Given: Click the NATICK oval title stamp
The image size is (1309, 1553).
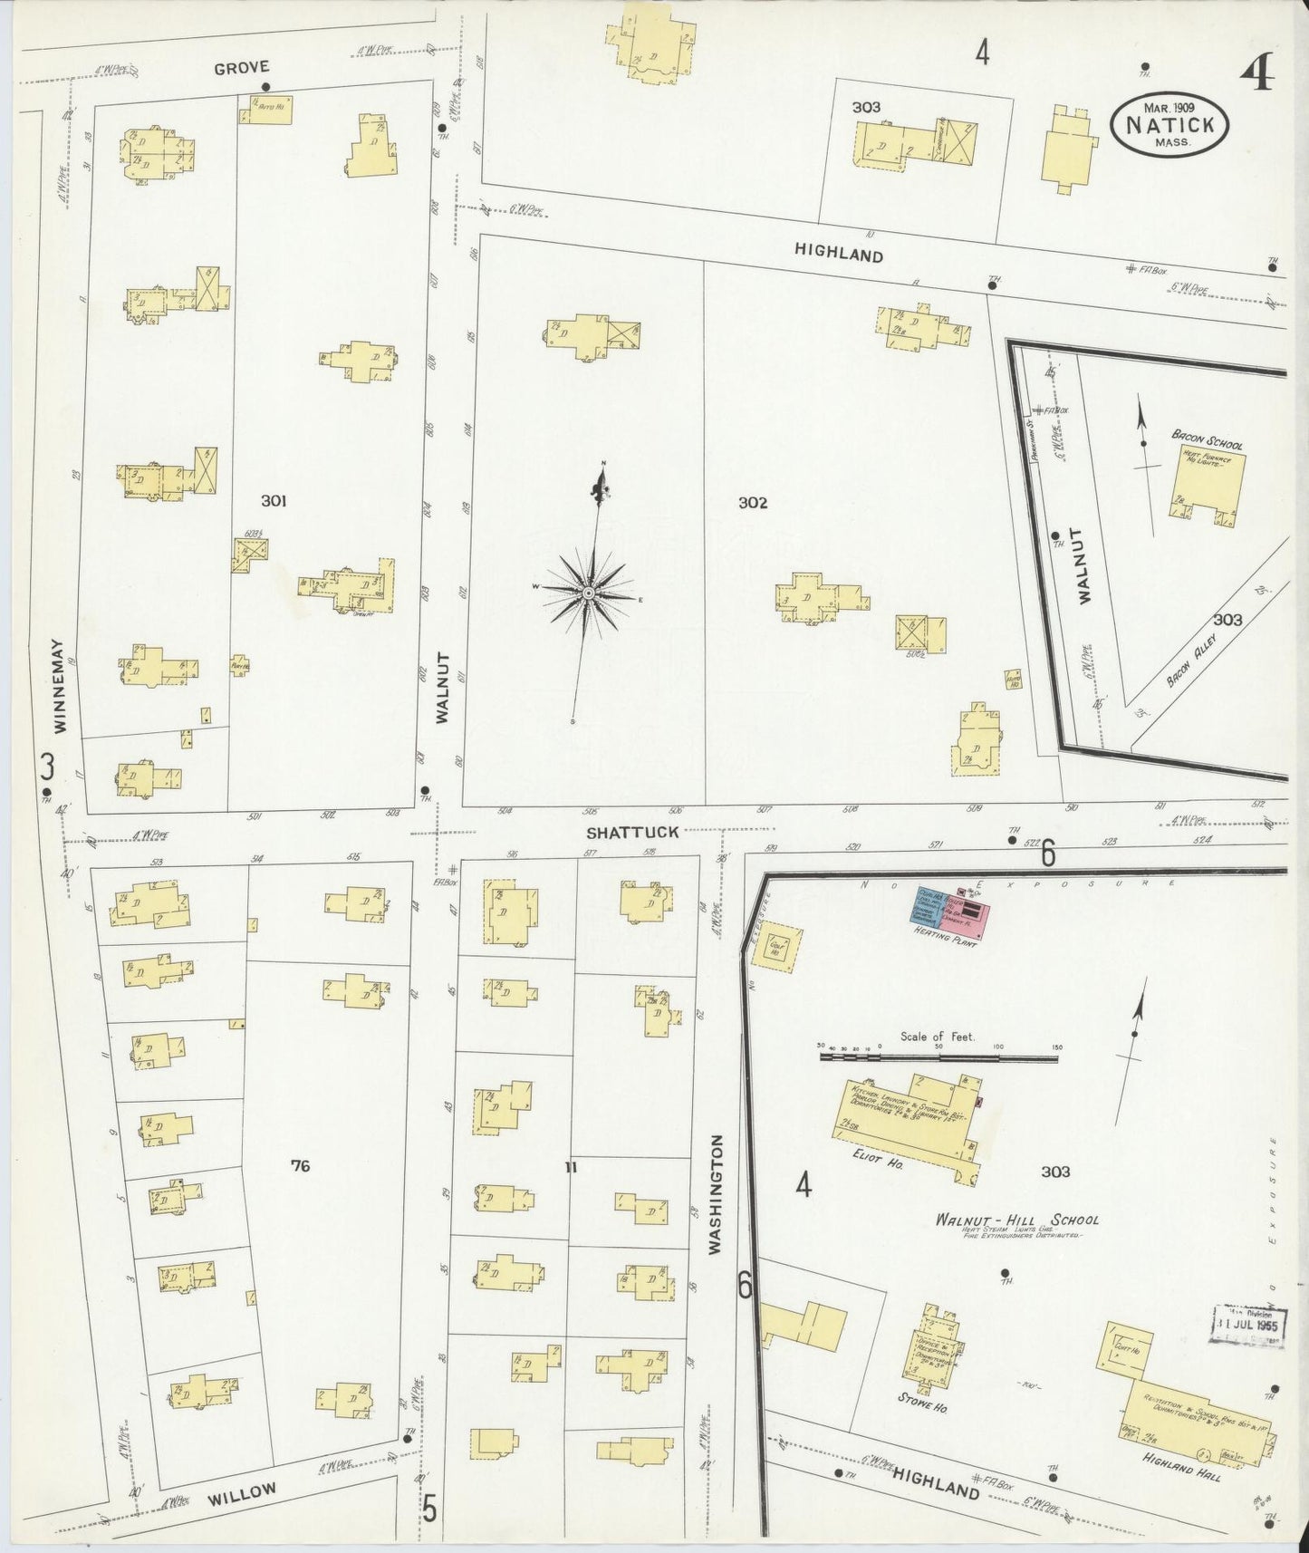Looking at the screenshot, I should point(1169,126).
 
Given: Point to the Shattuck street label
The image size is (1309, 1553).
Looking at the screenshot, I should point(631,832).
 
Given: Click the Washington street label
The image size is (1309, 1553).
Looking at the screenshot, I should point(716,1194).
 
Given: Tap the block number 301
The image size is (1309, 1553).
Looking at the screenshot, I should point(274,501).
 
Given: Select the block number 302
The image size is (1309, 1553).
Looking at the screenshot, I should point(752,503).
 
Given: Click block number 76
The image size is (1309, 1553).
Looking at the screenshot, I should point(300,1166).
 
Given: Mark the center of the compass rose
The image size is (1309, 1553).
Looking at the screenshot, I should point(588,593).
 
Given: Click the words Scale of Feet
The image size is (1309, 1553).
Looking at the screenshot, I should point(937,1037).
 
